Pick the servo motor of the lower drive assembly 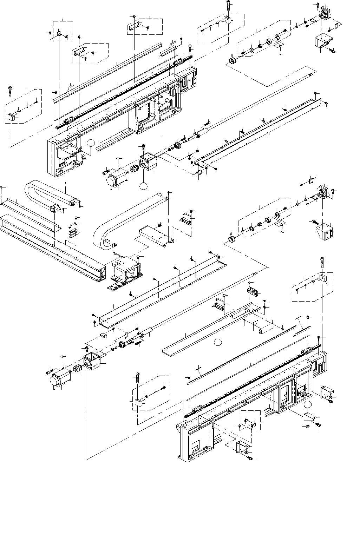pos(59,378)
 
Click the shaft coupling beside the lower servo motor pos(77,369)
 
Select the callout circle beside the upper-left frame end pos(91,143)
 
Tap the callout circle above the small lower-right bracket pos(308,404)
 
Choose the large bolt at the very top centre pos(229,5)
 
